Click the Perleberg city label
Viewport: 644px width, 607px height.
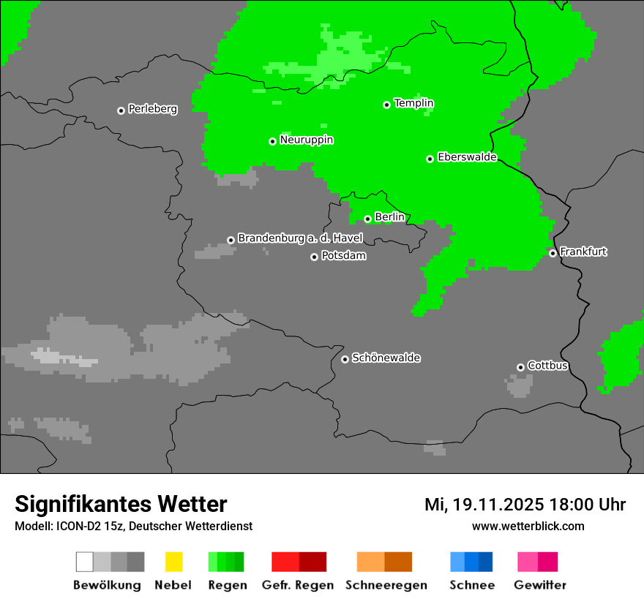click(x=152, y=109)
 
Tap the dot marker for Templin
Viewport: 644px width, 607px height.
click(x=386, y=105)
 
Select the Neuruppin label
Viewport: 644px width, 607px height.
click(x=306, y=140)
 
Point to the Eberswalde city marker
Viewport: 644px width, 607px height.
click(x=430, y=159)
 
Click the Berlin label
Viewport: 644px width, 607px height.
click(x=389, y=217)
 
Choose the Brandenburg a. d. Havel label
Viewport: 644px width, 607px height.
click(x=300, y=238)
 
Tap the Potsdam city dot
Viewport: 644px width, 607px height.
click(x=314, y=257)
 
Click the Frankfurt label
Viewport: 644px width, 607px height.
click(x=583, y=252)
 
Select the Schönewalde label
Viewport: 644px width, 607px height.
click(x=386, y=358)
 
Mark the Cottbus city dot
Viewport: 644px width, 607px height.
click(x=520, y=367)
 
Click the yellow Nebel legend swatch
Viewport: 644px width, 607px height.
click(x=173, y=562)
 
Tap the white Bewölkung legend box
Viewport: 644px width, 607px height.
click(x=85, y=562)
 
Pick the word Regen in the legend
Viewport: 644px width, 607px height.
click(x=227, y=585)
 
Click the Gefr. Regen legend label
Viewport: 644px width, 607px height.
click(x=297, y=585)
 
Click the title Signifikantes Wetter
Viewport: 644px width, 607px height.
click(x=121, y=504)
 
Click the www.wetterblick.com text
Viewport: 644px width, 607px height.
click(x=528, y=526)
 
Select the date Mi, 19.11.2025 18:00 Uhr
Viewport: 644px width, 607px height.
click(x=525, y=505)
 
